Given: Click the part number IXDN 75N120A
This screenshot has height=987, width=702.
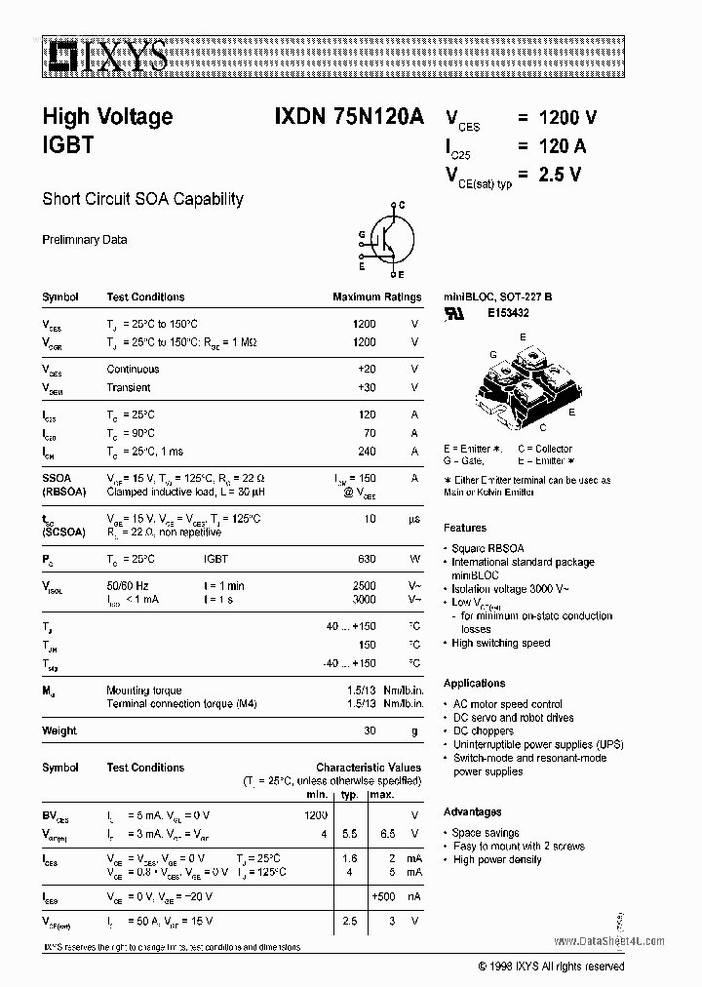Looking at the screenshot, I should coord(342,116).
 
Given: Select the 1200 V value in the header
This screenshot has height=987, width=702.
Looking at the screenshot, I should coord(557,117).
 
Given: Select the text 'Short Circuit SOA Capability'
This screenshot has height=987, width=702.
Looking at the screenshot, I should coord(142,199).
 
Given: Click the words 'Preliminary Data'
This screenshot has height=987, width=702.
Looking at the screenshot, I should coord(84,240).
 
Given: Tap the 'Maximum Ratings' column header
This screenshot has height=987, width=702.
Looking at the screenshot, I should coord(376,297).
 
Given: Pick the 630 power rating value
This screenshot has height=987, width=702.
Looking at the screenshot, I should coord(366,559).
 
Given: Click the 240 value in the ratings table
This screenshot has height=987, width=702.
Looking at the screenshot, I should coord(366,452).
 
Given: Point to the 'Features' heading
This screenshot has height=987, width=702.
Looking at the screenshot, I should coord(465,528).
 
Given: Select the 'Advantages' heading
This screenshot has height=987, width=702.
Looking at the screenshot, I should coord(473,811).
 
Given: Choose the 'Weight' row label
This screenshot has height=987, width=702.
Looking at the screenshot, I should coord(59,730).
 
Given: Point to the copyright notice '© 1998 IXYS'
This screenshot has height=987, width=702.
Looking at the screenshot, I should coord(551,966).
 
